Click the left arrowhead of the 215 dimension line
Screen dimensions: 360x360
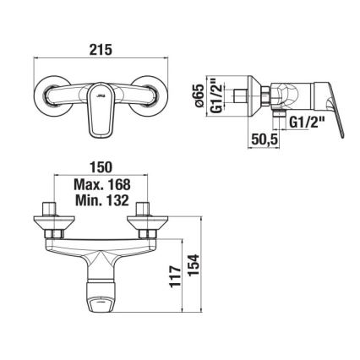37,59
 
